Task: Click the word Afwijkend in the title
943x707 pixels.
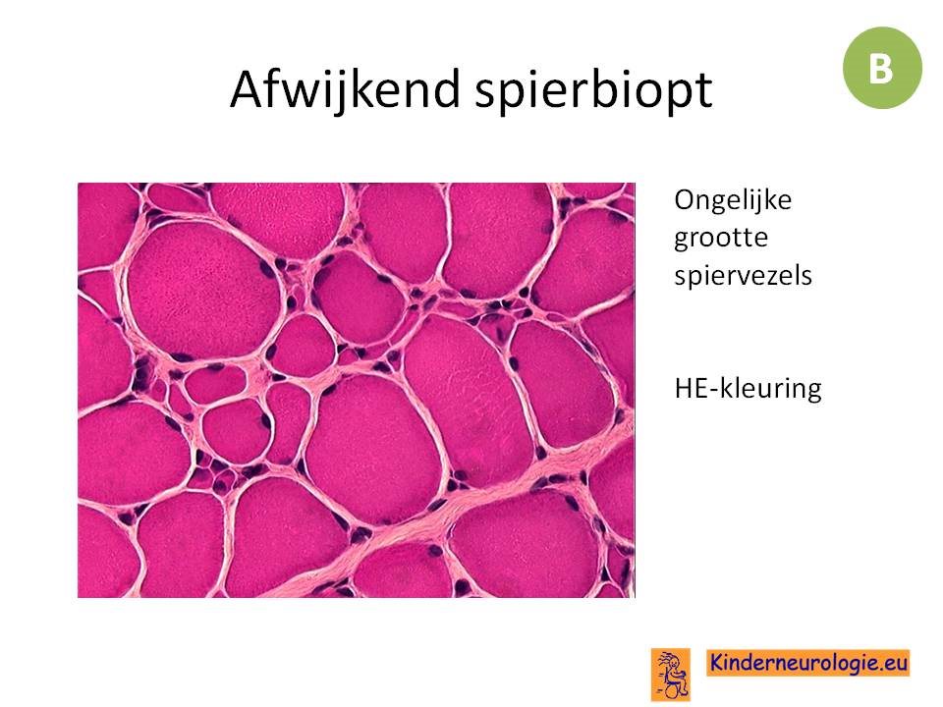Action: point(345,89)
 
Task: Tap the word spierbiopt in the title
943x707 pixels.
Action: point(593,90)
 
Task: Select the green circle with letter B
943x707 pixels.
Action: point(882,68)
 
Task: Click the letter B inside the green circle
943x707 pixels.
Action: point(881,68)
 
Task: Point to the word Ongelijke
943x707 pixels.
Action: point(733,201)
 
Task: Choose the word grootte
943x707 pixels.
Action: point(720,239)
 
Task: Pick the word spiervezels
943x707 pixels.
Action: point(743,276)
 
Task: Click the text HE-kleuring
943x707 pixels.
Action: point(748,389)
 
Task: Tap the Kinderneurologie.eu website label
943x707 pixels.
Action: point(807,663)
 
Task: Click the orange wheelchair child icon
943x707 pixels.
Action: point(671,675)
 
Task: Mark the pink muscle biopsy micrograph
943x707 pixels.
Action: point(356,390)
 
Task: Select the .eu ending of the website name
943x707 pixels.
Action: point(893,663)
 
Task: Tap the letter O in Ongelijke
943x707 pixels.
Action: point(685,200)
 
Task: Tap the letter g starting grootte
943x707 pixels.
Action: point(683,242)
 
